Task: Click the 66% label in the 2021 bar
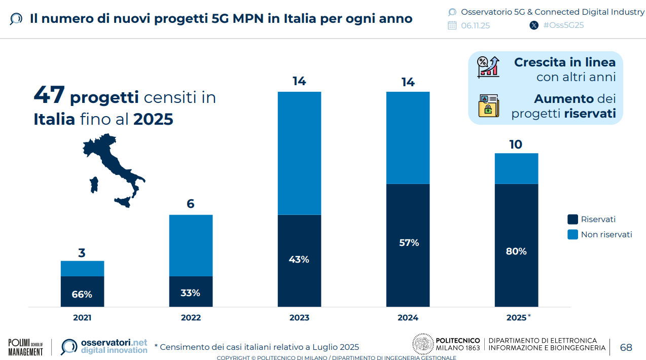tap(82, 294)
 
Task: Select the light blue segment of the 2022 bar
tap(191, 245)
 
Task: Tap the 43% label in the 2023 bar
tap(299, 260)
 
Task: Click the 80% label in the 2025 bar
tap(516, 251)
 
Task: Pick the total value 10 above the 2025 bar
tap(516, 145)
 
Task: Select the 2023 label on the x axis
tap(299, 318)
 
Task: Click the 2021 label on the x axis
tap(82, 318)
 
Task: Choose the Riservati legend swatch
tap(572, 220)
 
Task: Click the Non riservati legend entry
tap(606, 234)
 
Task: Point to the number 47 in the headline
tap(49, 95)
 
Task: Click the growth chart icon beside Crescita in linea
tap(488, 67)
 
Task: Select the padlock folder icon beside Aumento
tap(489, 105)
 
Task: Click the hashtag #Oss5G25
tap(563, 25)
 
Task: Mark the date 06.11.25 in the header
tap(475, 25)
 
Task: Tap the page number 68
tap(626, 347)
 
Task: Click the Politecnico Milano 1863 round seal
tap(423, 344)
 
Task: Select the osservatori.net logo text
tap(114, 346)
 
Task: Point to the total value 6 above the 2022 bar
tap(191, 204)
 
